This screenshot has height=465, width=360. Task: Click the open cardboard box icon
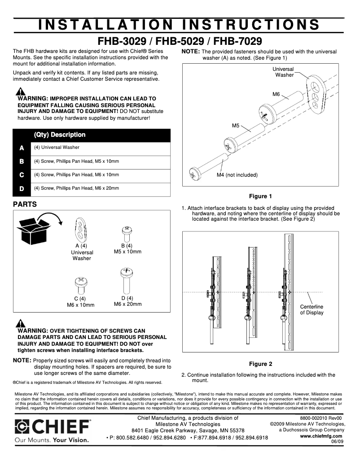coord(34,228)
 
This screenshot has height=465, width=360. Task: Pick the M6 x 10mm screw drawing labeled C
coord(80,286)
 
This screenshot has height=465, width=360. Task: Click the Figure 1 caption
coord(260,196)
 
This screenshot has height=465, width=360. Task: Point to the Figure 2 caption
coord(260,364)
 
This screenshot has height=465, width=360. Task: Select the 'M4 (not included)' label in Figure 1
coord(237,175)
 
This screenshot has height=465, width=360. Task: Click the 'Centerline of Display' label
coord(312,309)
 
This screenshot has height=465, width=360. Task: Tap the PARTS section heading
coord(25,204)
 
